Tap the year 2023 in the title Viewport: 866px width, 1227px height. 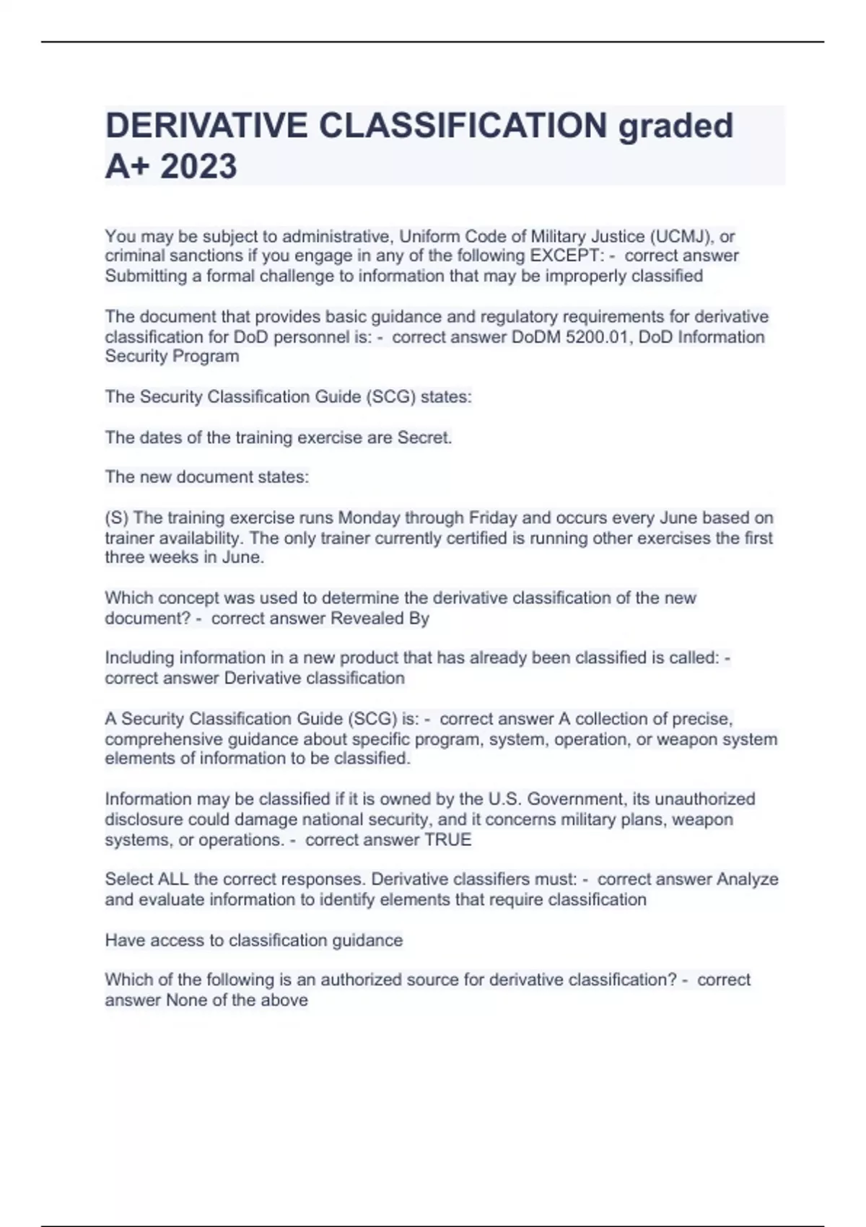coord(198,166)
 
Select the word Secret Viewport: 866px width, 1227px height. coord(424,437)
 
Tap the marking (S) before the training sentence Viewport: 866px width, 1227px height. coord(116,518)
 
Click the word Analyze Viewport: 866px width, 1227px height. coord(747,879)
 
